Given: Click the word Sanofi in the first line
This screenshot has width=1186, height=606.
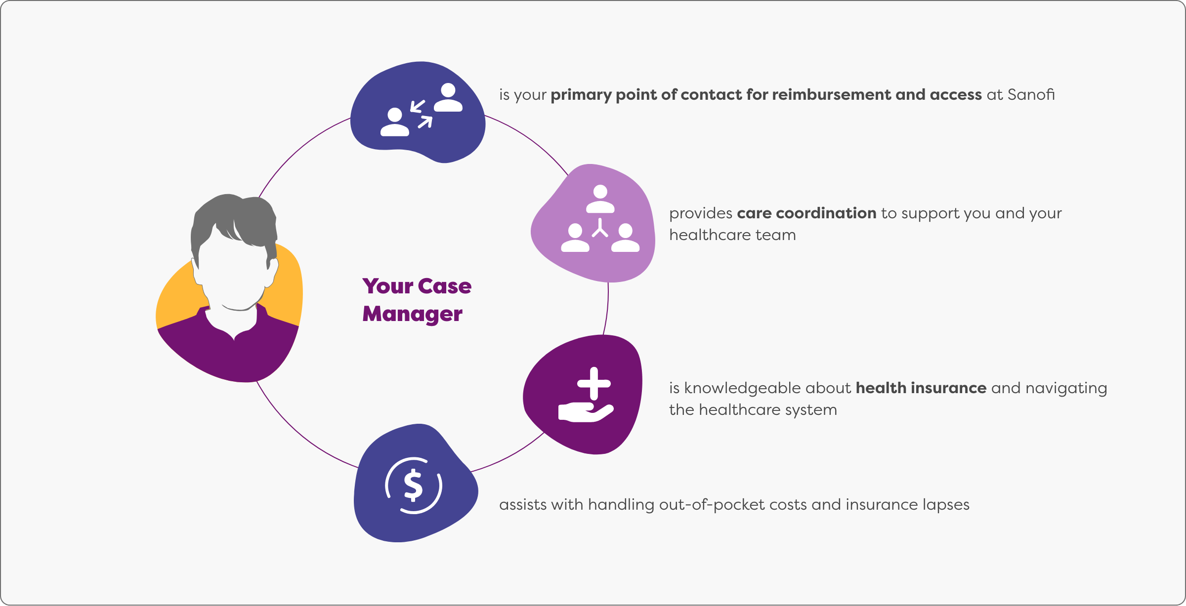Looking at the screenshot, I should (1031, 94).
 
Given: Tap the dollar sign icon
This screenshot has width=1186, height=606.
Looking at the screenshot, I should (413, 485).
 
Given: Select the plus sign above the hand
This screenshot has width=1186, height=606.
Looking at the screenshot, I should (594, 383).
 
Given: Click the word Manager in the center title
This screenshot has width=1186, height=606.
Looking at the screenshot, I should (412, 314).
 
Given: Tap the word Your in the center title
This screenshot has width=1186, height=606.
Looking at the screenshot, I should (387, 286).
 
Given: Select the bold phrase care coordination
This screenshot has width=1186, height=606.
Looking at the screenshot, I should (806, 213).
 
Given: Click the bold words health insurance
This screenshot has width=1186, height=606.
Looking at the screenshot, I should (921, 388).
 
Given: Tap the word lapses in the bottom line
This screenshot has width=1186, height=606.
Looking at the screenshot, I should (945, 505).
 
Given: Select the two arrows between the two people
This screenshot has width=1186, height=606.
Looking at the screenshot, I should (421, 114).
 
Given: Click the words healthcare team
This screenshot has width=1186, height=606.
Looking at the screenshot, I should (732, 235).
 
